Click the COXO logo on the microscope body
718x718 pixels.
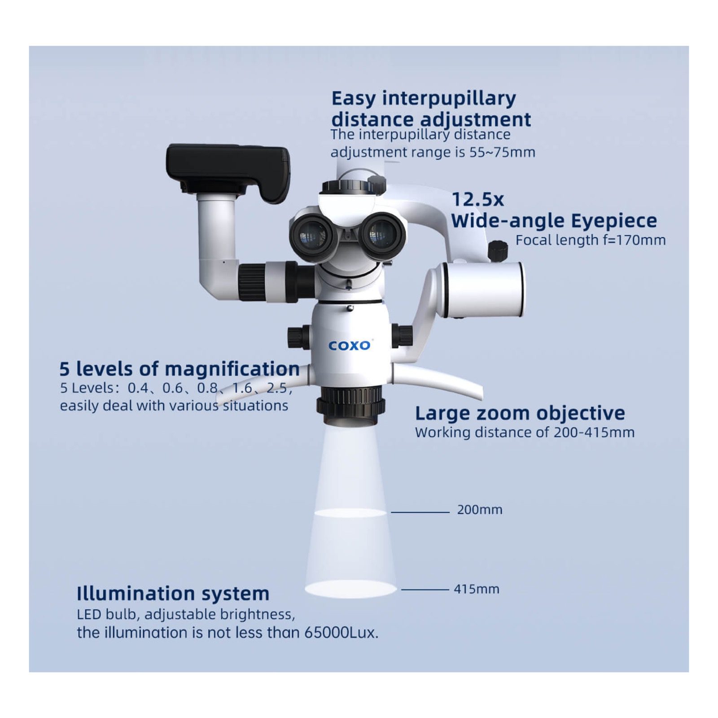[350, 345]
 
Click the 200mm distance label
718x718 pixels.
[480, 510]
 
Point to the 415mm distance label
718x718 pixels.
[476, 589]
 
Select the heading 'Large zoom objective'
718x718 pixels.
[520, 413]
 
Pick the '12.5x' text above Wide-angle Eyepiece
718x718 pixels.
[477, 199]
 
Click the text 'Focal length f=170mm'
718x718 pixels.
[590, 240]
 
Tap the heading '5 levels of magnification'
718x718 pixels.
[179, 369]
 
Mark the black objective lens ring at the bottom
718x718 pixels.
[350, 402]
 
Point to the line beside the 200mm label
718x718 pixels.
[420, 512]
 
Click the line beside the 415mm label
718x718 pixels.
[425, 589]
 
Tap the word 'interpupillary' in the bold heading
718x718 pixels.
[449, 98]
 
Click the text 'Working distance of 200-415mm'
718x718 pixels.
[524, 432]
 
